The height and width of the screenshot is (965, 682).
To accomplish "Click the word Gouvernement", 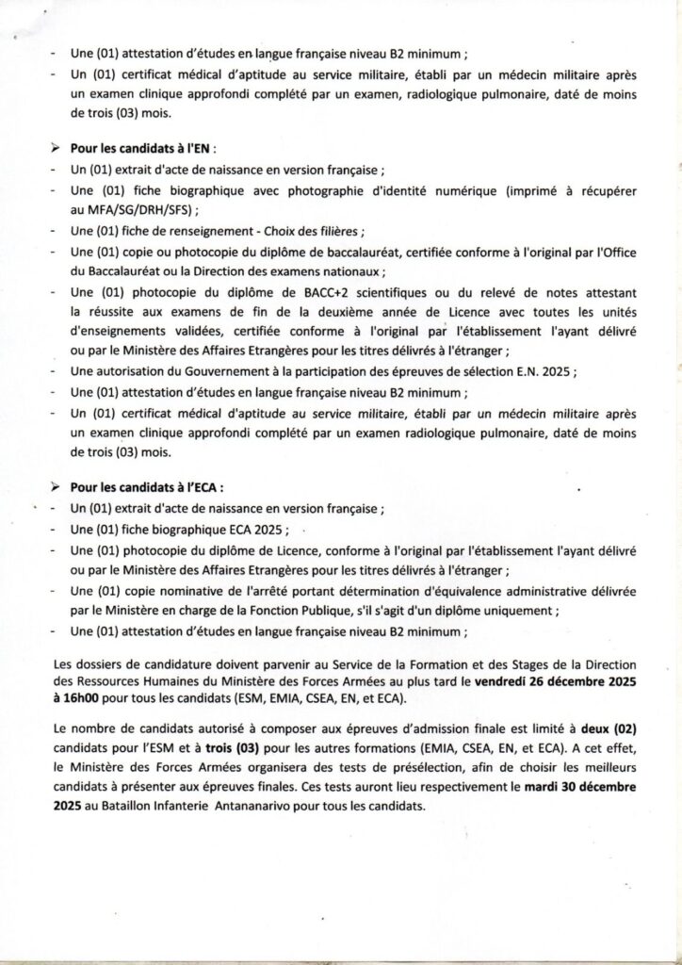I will pos(207,371).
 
